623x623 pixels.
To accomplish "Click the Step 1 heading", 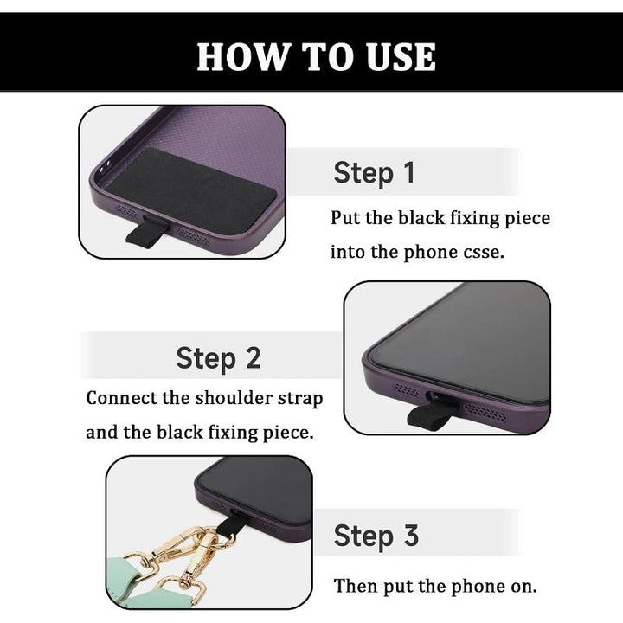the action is (x=374, y=173).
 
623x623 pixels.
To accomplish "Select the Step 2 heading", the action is (x=218, y=358).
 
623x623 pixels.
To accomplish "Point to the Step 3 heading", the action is (x=376, y=536).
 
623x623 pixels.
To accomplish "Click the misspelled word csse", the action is (x=484, y=252).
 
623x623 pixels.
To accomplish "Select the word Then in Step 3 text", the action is (x=356, y=586).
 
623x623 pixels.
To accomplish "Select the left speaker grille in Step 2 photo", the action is (x=406, y=389).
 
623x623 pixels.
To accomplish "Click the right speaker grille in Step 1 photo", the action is (x=192, y=237).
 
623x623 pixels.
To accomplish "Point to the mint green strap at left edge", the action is (x=123, y=571).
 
